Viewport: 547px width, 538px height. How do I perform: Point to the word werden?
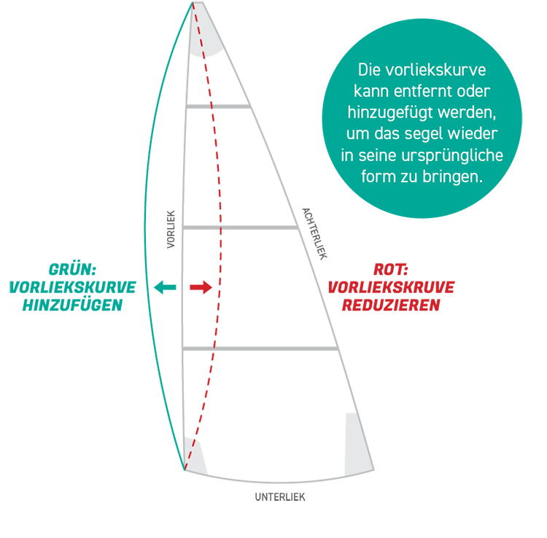[x=467, y=114]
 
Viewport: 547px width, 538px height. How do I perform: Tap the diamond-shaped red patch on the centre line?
[x=226, y=286]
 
